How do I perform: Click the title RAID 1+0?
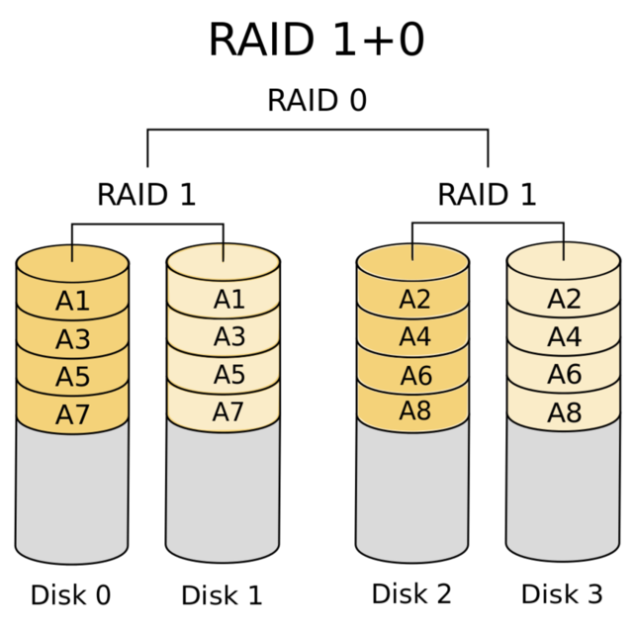click(x=316, y=40)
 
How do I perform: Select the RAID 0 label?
click(x=316, y=101)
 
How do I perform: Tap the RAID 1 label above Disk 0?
click(x=146, y=194)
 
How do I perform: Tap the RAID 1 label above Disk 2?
click(x=487, y=194)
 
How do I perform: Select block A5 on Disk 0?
click(x=72, y=377)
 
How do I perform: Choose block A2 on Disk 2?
click(x=414, y=300)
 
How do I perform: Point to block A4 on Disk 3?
click(x=564, y=337)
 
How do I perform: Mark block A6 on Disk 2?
click(x=414, y=375)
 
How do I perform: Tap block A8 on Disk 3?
click(x=564, y=412)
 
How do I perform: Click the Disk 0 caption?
click(x=70, y=595)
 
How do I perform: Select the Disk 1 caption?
click(x=222, y=595)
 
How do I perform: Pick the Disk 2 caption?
click(x=411, y=593)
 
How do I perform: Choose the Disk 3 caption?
click(x=562, y=593)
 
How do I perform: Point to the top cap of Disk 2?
click(x=412, y=260)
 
